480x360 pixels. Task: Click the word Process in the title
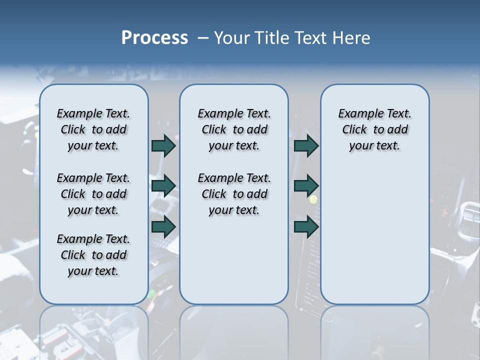[x=154, y=37]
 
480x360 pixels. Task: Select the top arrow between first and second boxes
[x=163, y=145]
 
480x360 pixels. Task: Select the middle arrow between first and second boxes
[x=163, y=186]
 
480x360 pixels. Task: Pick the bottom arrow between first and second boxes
[x=163, y=227]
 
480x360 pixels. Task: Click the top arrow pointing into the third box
[x=306, y=145]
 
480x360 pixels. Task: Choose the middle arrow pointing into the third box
[x=306, y=186]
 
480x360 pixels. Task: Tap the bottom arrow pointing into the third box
[x=306, y=227]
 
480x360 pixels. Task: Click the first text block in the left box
[x=93, y=129]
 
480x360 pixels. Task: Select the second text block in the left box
[x=93, y=194]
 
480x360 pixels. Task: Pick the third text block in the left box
[x=93, y=255]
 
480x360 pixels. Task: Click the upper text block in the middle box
[x=234, y=129]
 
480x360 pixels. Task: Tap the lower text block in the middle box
[x=234, y=194]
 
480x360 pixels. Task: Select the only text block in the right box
[x=374, y=129]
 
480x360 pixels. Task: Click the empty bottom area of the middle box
[x=234, y=265]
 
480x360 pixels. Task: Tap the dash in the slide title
[x=203, y=37]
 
